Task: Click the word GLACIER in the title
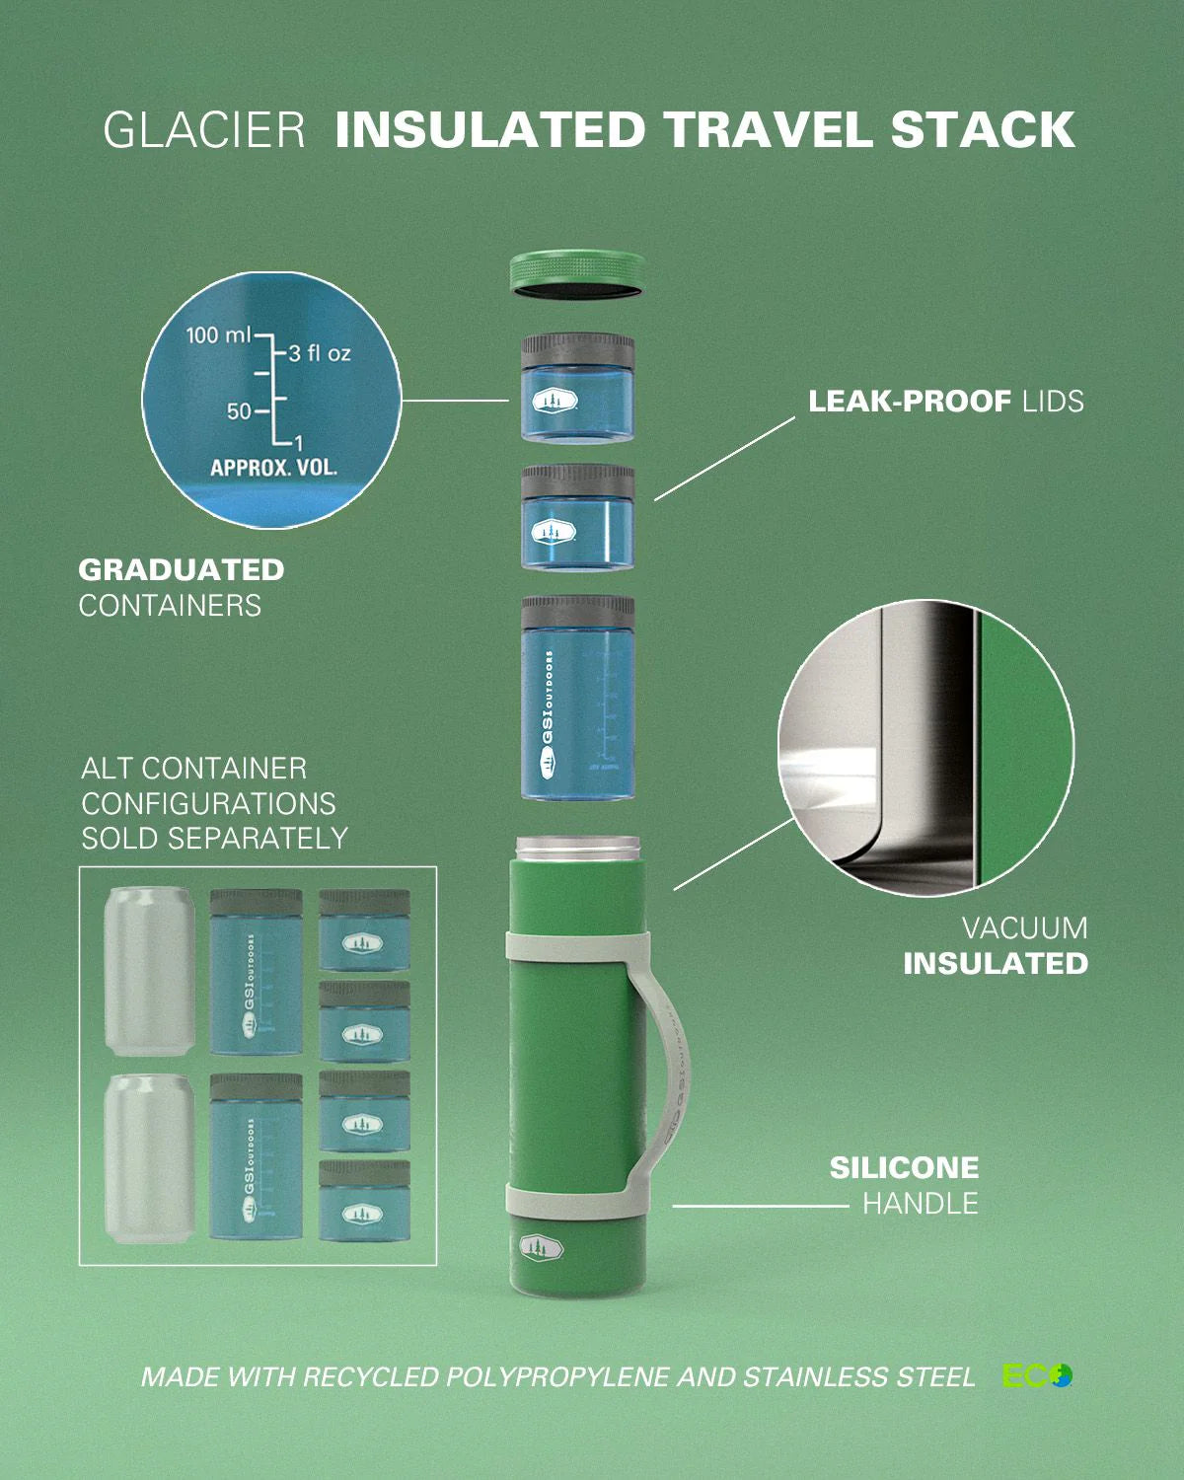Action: click(x=204, y=131)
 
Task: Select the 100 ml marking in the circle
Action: click(x=218, y=335)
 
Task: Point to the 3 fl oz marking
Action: click(x=319, y=353)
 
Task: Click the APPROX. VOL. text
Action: click(x=273, y=467)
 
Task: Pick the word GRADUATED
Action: click(x=182, y=569)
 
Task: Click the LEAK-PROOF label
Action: click(x=909, y=402)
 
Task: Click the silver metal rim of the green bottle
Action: click(x=577, y=846)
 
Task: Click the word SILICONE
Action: click(x=904, y=1168)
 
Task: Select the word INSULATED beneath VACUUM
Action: click(x=996, y=963)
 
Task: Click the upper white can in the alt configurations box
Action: click(x=150, y=970)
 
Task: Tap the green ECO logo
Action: click(x=1037, y=1375)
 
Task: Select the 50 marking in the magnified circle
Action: click(x=239, y=410)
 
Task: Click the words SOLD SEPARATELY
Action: click(x=214, y=838)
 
